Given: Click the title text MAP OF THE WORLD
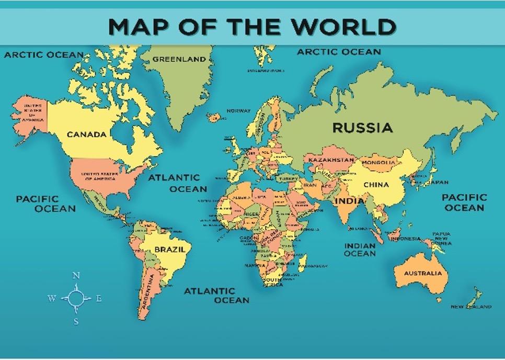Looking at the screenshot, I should pyautogui.click(x=252, y=26).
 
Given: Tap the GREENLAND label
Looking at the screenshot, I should pyautogui.click(x=179, y=60).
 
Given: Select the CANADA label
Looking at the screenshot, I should pyautogui.click(x=86, y=134).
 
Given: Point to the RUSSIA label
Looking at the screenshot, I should pyautogui.click(x=362, y=127).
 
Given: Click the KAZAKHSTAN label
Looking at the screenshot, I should pyautogui.click(x=331, y=159).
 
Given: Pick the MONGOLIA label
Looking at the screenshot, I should pyautogui.click(x=378, y=163).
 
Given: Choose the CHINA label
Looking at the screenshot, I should pyautogui.click(x=376, y=185).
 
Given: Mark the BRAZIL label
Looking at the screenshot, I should pyautogui.click(x=169, y=250).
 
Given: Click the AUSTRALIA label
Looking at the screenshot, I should pyautogui.click(x=422, y=273).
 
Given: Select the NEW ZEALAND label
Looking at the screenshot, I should pyautogui.click(x=471, y=306).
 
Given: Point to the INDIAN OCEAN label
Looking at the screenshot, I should pyautogui.click(x=360, y=250).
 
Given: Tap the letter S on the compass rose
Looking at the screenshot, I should pyautogui.click(x=76, y=322).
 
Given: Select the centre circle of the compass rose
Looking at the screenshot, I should pyautogui.click(x=76, y=299).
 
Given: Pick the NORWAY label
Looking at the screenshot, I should pyautogui.click(x=238, y=111).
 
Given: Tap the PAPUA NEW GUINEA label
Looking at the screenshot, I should pyautogui.click(x=442, y=239).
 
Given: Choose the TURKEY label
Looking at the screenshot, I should pyautogui.click(x=288, y=178).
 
